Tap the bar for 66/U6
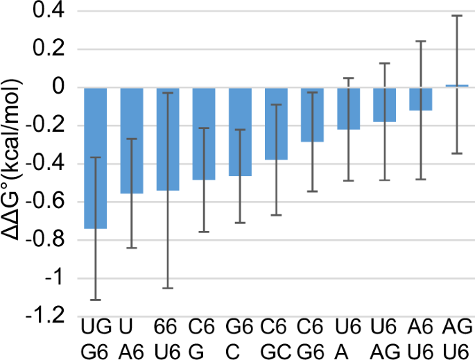[x=168, y=139]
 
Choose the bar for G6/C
[x=240, y=132]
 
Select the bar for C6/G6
[x=312, y=114]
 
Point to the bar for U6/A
[x=348, y=108]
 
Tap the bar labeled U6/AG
[x=384, y=105]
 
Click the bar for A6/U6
[x=420, y=99]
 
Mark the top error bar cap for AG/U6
[x=456, y=15]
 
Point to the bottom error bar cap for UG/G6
[x=96, y=300]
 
